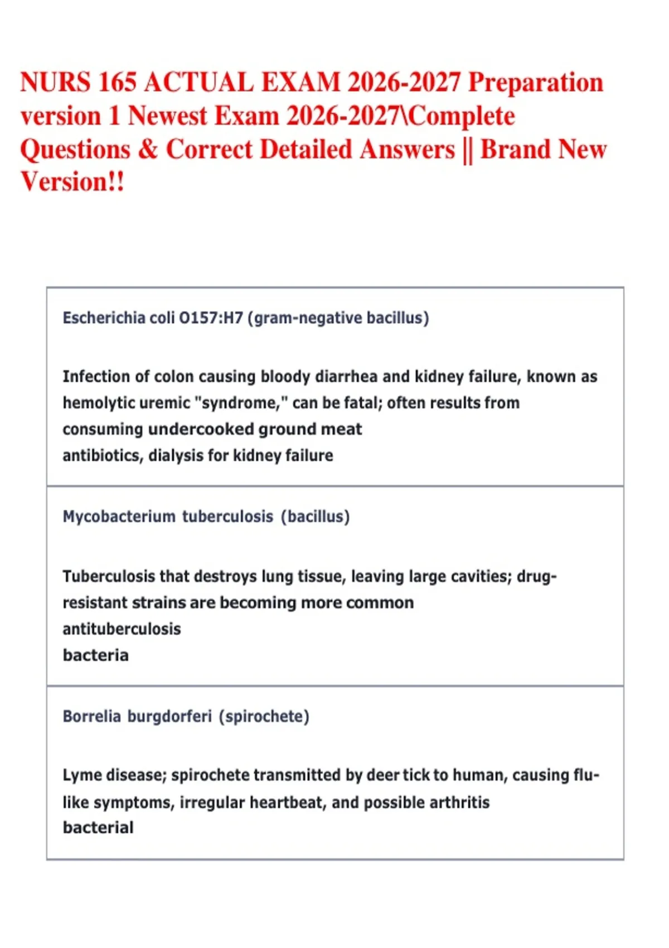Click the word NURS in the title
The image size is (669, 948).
(55, 83)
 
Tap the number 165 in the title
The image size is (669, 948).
(118, 83)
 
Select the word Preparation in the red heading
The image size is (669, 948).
(535, 83)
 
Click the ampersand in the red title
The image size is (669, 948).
(148, 149)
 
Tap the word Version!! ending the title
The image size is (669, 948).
(72, 182)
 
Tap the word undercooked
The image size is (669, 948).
(201, 429)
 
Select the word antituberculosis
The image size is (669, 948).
(122, 629)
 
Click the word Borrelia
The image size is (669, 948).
(91, 716)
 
